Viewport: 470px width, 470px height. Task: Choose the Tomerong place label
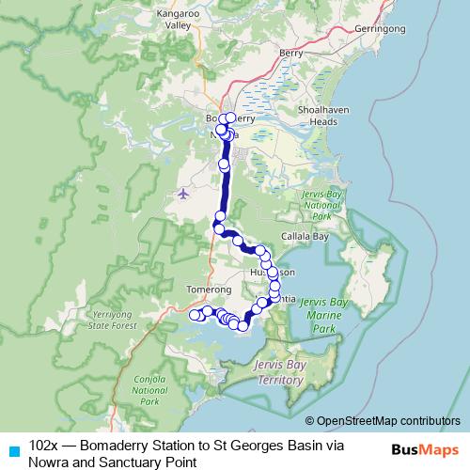click(209, 290)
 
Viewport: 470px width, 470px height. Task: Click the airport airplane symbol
click(182, 195)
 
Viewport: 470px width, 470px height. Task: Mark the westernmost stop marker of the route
click(195, 315)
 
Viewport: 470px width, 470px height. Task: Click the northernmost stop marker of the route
click(230, 117)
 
